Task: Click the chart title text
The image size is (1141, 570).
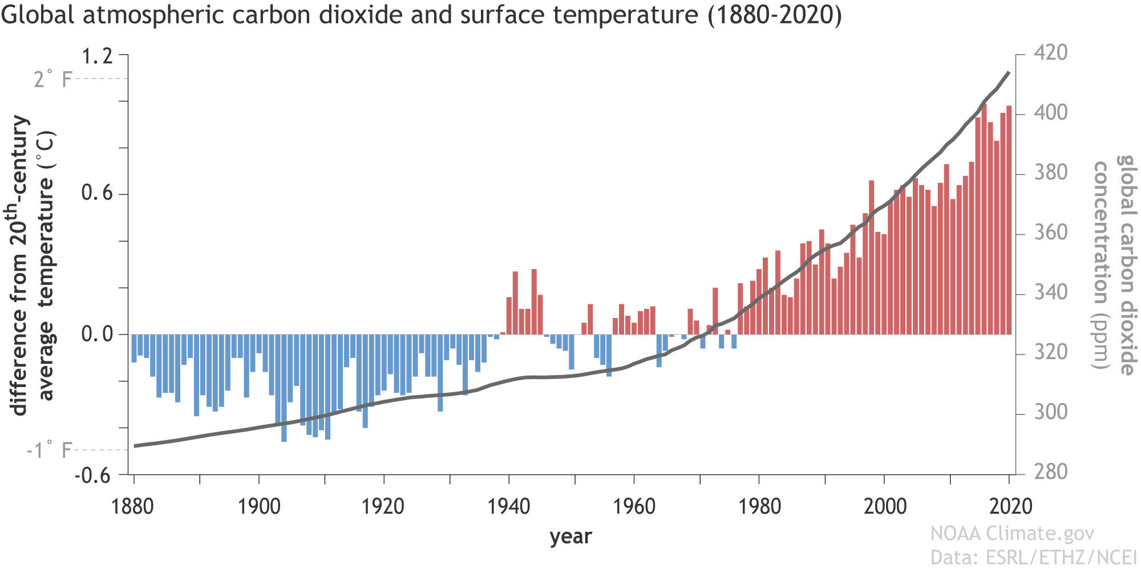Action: click(x=421, y=15)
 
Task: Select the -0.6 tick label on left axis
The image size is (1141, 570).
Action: click(x=93, y=475)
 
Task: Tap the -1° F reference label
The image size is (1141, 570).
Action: click(x=49, y=451)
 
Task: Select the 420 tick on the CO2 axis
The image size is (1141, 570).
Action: click(x=1050, y=53)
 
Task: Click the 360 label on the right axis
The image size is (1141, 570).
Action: click(x=1050, y=233)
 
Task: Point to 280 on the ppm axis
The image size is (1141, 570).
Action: click(x=1050, y=472)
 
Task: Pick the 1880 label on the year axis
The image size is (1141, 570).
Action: click(x=133, y=506)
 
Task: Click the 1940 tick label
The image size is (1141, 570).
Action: click(x=508, y=506)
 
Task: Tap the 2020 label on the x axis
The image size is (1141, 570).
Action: click(x=1010, y=506)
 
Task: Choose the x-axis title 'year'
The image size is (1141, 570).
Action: click(x=570, y=537)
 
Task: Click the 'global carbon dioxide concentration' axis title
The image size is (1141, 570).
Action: click(x=1114, y=265)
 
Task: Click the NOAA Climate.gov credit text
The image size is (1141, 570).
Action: click(x=1012, y=534)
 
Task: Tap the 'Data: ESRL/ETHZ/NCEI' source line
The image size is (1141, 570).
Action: click(x=1034, y=557)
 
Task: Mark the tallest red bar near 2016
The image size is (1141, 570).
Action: click(x=984, y=219)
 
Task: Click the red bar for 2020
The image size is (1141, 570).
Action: click(x=1009, y=219)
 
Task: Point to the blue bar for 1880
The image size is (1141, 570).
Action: click(x=134, y=348)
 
